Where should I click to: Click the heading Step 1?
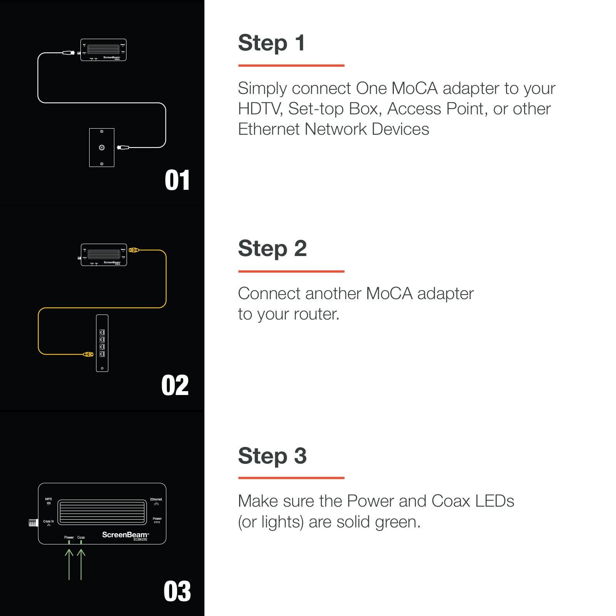(271, 43)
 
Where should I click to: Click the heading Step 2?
(272, 248)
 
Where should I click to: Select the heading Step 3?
(272, 456)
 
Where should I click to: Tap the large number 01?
(177, 180)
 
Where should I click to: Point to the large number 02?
(175, 385)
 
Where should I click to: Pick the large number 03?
(177, 591)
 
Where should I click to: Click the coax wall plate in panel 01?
(102, 147)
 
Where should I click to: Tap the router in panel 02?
(102, 343)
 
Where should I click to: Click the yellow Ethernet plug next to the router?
(89, 354)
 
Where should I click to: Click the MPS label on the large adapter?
(49, 499)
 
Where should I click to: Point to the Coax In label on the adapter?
(49, 521)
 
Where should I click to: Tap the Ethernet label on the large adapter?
(156, 500)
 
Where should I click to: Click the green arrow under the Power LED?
(69, 564)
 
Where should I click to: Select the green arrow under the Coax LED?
(81, 564)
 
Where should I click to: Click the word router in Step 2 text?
(316, 314)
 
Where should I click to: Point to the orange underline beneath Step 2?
(291, 271)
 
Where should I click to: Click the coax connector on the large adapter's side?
(33, 522)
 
